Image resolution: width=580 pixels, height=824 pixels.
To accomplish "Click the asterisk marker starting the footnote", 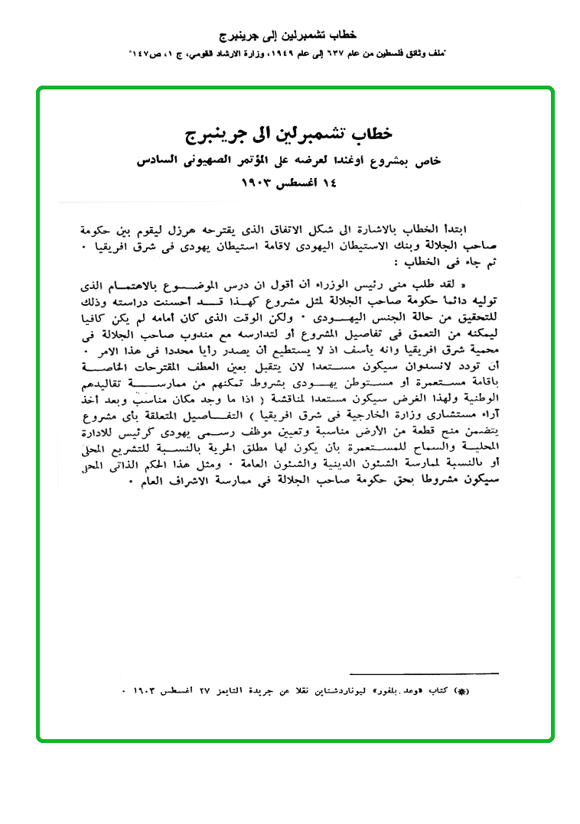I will [460, 692].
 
